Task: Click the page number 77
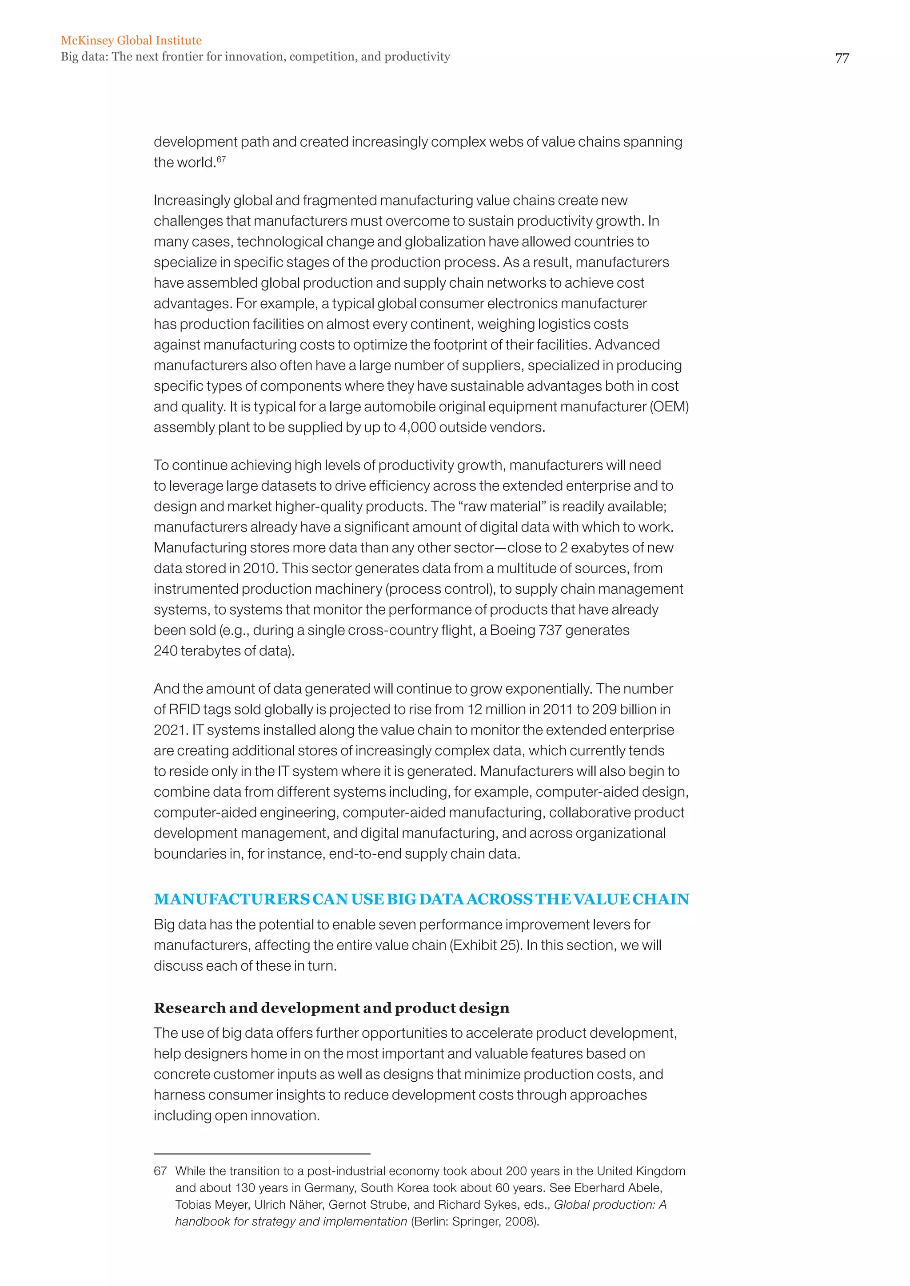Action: tap(842, 58)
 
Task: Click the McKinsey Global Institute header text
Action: tap(131, 40)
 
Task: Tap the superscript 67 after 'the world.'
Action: tap(221, 159)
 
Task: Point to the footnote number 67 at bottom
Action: tap(160, 1171)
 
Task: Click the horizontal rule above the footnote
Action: tap(262, 1154)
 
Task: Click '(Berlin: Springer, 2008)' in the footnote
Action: tap(475, 1222)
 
